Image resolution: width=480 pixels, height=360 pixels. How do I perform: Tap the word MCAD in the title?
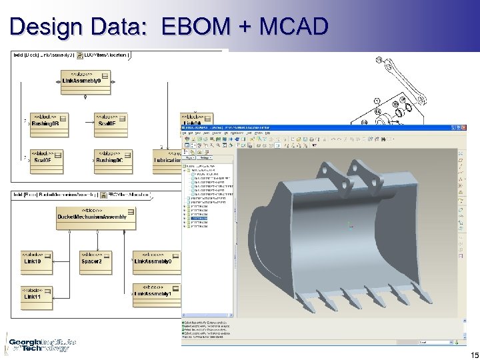click(x=294, y=27)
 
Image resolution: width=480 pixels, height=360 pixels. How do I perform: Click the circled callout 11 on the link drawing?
click(x=379, y=61)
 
